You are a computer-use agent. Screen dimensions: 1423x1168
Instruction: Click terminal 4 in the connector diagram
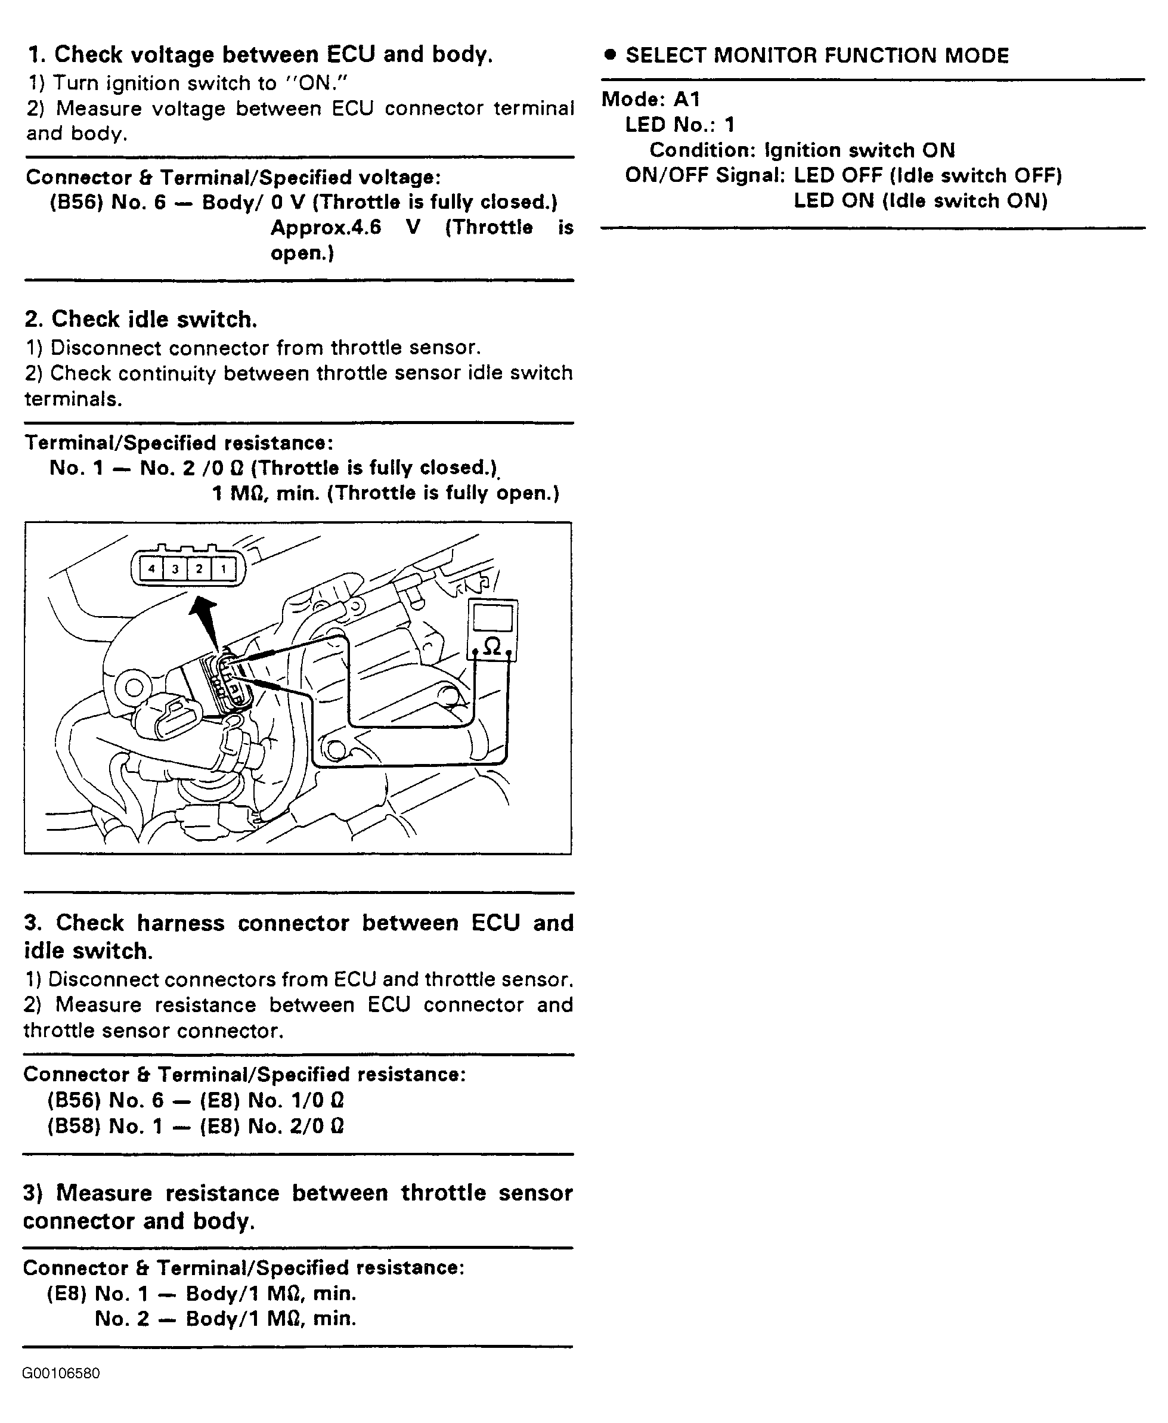coord(151,569)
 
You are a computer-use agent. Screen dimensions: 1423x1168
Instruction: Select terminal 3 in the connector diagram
coord(175,569)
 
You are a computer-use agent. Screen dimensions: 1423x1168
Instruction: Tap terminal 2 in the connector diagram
coord(199,569)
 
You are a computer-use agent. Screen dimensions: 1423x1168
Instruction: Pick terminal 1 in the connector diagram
coord(224,569)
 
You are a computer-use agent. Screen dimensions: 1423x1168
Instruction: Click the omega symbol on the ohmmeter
coord(492,646)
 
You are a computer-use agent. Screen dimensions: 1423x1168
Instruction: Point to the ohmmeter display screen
coord(492,618)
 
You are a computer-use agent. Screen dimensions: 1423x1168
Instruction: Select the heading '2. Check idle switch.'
coord(141,319)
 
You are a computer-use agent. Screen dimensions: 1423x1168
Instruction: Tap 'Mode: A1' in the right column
coord(650,99)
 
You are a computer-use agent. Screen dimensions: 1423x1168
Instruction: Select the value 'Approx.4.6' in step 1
coord(326,227)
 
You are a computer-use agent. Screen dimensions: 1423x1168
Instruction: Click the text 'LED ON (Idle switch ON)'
coord(921,200)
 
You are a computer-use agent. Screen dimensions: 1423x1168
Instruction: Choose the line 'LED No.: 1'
coord(680,125)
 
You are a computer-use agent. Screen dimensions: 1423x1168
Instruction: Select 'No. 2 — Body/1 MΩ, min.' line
coord(225,1318)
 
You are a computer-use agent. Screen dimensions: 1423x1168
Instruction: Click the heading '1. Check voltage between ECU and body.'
coord(260,54)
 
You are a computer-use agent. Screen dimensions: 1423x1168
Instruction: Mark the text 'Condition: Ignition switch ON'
coord(802,150)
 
